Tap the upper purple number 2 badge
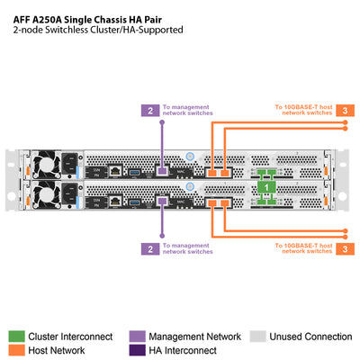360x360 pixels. (x=150, y=111)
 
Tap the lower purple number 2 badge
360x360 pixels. (x=150, y=247)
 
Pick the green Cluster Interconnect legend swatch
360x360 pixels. (x=15, y=336)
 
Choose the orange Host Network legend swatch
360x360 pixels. (x=15, y=350)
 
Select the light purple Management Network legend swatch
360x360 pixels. (x=137, y=336)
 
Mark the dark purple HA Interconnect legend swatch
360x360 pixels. (x=137, y=350)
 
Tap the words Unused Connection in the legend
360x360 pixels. (x=310, y=336)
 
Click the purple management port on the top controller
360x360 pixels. (x=163, y=170)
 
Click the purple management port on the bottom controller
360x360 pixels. (x=163, y=202)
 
